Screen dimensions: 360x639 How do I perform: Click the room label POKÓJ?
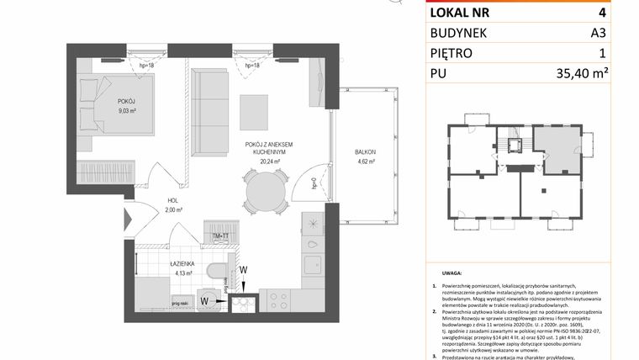pos(126,101)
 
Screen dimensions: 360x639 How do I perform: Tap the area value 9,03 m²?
pos(126,110)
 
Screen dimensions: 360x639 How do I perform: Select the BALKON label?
pos(365,151)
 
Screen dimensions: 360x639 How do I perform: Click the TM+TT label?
pos(222,237)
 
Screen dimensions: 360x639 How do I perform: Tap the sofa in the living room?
pos(206,111)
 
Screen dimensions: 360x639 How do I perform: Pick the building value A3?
pos(622,33)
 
